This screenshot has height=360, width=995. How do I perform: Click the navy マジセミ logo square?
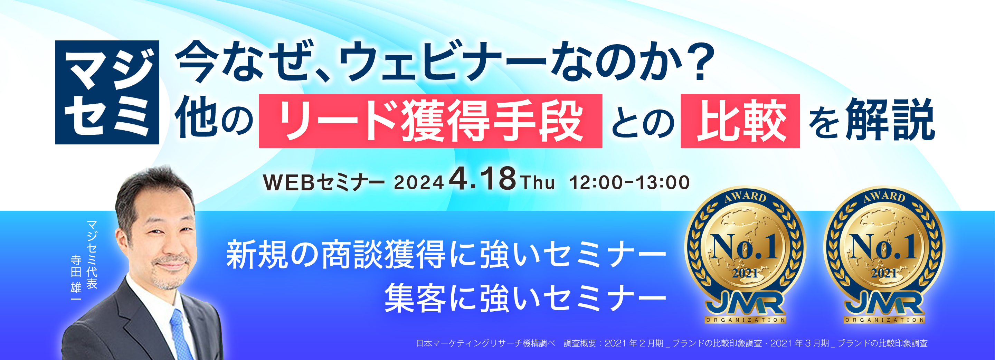107,92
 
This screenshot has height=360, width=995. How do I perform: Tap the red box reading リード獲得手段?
430,121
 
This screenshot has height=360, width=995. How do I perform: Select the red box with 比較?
740,121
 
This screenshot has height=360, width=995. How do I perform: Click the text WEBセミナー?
323,183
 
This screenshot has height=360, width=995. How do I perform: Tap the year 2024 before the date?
418,183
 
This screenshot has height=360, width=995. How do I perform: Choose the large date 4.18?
482,179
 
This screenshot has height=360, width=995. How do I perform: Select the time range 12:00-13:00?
629,183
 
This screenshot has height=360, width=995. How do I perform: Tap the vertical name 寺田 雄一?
76,278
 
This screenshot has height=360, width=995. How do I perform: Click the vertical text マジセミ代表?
92,255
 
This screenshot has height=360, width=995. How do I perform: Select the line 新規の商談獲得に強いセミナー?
446,255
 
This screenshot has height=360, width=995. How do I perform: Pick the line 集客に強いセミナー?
525,299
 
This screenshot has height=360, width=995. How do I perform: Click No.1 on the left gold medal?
745,247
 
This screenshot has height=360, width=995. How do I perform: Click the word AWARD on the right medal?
884,197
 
